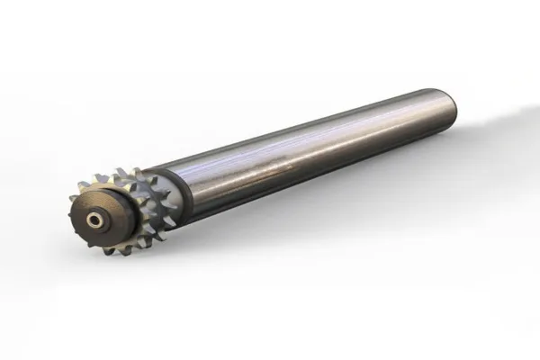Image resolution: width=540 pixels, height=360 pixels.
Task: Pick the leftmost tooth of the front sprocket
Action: pyautogui.click(x=74, y=200)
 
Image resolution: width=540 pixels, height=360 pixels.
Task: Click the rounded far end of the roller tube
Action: pyautogui.click(x=448, y=108)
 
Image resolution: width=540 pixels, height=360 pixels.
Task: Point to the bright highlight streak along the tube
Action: pyautogui.click(x=297, y=144)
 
